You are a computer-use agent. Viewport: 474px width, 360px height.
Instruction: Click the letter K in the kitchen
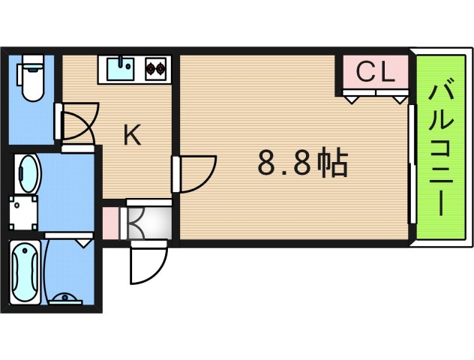click(x=132, y=135)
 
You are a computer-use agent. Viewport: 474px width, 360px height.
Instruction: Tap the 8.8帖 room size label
click(x=302, y=162)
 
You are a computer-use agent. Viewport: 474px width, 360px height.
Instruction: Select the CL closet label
click(x=374, y=72)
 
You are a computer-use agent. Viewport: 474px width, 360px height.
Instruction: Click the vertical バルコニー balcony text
click(x=439, y=149)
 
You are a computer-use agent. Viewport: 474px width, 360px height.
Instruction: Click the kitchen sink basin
click(x=119, y=69)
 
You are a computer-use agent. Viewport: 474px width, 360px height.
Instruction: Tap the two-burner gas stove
click(x=156, y=69)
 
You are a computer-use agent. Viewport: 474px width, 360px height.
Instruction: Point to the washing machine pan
click(x=24, y=213)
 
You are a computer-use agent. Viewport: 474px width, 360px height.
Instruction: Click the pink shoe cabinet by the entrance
click(x=109, y=222)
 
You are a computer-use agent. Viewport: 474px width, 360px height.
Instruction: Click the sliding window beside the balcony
click(x=411, y=163)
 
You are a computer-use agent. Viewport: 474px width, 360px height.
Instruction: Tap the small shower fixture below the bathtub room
click(x=69, y=297)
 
